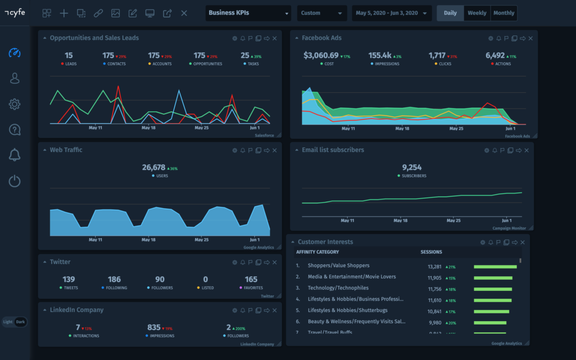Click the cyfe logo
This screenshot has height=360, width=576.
click(x=15, y=13)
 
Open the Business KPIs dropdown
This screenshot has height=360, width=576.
click(x=248, y=13)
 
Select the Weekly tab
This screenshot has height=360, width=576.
click(x=477, y=13)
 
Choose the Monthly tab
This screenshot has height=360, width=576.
click(x=503, y=13)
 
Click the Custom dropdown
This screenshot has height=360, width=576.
click(x=322, y=13)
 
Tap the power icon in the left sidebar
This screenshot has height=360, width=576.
click(x=15, y=181)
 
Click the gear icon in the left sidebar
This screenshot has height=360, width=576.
click(x=15, y=104)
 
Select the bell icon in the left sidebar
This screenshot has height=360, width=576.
click(x=15, y=155)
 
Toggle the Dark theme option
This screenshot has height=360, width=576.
click(x=21, y=322)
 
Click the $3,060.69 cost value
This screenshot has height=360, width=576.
click(x=321, y=55)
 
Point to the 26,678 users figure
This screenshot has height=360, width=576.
click(x=154, y=168)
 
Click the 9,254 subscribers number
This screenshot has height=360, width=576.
click(x=412, y=168)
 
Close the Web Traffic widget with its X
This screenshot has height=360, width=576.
click(x=274, y=150)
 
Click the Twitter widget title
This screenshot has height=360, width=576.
click(x=60, y=262)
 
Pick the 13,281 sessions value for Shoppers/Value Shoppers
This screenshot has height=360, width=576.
click(x=434, y=267)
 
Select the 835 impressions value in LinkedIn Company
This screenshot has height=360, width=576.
click(x=154, y=327)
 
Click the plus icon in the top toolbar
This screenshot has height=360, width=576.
click(x=64, y=13)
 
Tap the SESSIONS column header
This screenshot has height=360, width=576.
click(x=431, y=252)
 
